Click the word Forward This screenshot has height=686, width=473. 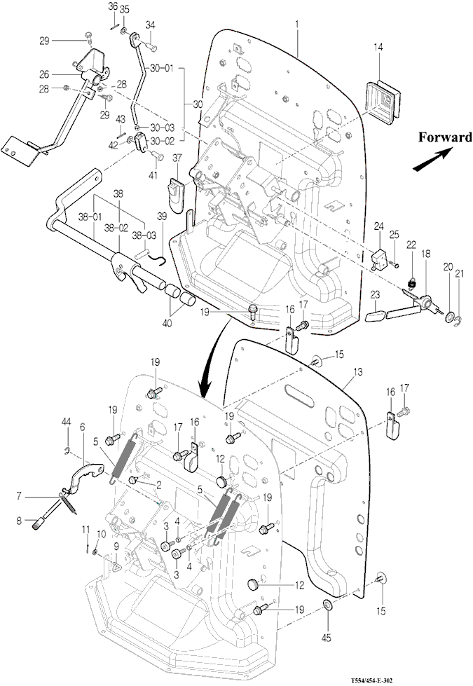445,137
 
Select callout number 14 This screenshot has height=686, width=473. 378,47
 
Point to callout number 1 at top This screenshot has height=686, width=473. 297,24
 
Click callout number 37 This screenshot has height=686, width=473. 177,157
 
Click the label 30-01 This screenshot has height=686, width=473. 161,68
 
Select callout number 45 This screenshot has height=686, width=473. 327,637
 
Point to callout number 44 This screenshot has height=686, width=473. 66,421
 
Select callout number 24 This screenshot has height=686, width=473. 378,226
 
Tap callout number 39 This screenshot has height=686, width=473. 161,217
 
